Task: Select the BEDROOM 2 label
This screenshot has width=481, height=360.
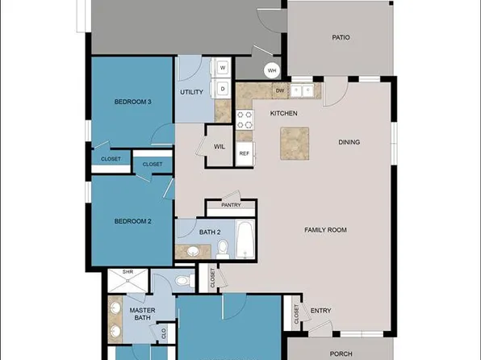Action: tap(132, 220)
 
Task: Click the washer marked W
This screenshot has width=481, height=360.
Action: tap(223, 67)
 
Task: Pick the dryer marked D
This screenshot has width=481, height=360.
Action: tap(223, 87)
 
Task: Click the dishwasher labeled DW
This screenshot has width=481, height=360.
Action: tap(279, 90)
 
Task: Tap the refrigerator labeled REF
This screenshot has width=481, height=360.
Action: tap(245, 153)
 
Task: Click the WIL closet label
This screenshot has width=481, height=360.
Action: tap(219, 147)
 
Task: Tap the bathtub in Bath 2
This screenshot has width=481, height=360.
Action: tap(245, 241)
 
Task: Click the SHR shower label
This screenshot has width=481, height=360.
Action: tap(127, 273)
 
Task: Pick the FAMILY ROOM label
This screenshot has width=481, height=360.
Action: tap(325, 230)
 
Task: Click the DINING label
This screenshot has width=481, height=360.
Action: tap(349, 143)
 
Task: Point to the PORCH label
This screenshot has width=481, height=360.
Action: tap(341, 352)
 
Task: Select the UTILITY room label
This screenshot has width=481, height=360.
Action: tap(191, 93)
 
